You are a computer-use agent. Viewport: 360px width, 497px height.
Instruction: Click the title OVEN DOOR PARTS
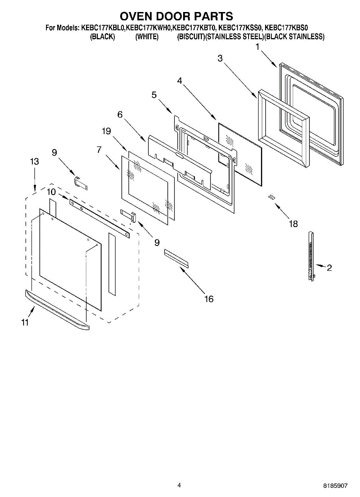click(x=176, y=16)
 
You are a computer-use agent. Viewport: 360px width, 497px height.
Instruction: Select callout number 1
click(x=258, y=47)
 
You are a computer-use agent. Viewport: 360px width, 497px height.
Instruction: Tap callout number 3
click(x=220, y=58)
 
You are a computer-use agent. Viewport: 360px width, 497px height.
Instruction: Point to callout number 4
click(x=180, y=81)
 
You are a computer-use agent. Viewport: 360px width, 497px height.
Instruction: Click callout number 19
click(x=106, y=131)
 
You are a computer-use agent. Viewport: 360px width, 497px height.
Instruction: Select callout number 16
click(x=209, y=299)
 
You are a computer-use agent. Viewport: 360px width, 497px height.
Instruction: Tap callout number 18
click(x=293, y=224)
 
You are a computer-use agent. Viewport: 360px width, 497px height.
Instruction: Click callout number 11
click(x=25, y=322)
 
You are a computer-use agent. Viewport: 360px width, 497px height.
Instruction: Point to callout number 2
click(x=329, y=268)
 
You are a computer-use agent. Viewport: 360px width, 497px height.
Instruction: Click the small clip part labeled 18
click(x=272, y=196)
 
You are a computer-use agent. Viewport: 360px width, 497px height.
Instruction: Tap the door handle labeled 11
click(x=57, y=310)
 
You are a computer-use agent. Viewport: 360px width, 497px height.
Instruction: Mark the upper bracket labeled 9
click(x=81, y=182)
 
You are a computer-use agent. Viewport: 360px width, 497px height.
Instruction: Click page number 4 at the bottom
click(x=179, y=485)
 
